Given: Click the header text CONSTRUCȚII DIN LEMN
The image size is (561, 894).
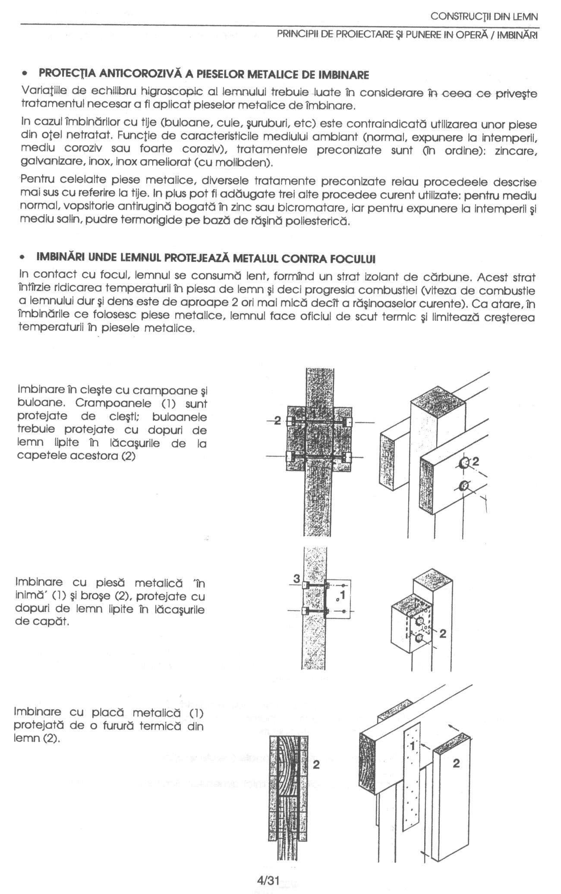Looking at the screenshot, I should [484, 17].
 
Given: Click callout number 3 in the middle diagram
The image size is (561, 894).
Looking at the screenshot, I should [296, 579].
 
